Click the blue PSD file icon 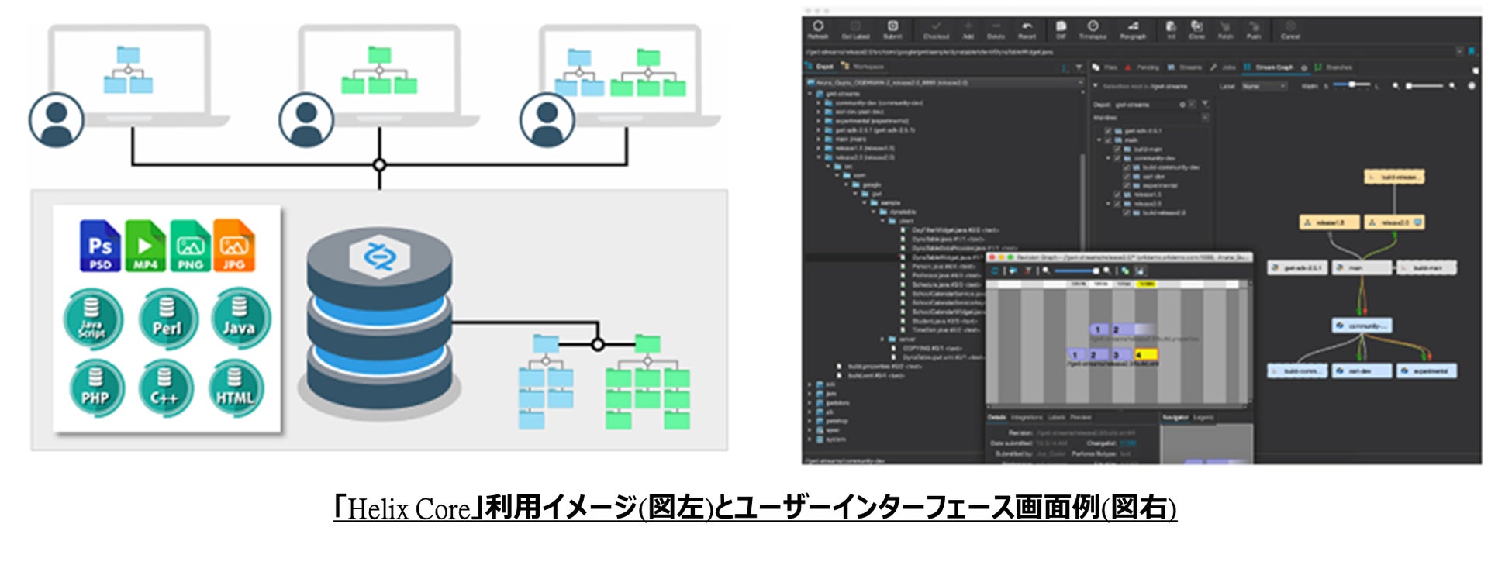[100, 246]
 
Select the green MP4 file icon [145, 246]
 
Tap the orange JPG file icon [234, 246]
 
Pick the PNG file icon [190, 246]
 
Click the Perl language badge [167, 318]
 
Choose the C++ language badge [164, 388]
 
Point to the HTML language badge [235, 388]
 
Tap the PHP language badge [95, 388]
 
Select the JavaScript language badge [92, 319]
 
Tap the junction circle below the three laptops [379, 164]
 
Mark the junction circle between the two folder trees [597, 344]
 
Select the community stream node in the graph [1362, 326]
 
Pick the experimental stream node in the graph [1427, 371]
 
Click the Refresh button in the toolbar [818, 29]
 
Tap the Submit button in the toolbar [892, 29]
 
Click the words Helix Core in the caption [409, 509]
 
